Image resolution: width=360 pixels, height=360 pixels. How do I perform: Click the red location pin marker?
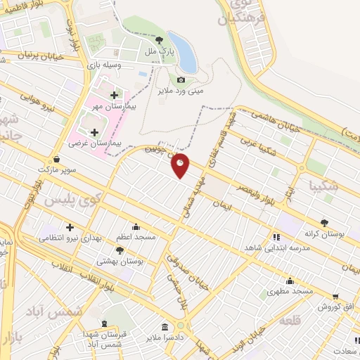[x=181, y=165]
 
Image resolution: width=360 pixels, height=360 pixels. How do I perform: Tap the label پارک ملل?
[x=160, y=51]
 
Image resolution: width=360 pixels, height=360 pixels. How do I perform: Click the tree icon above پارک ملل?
[x=160, y=39]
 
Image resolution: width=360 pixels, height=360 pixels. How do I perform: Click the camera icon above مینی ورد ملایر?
[x=181, y=79]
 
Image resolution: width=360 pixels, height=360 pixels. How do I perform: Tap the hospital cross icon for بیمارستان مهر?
[x=114, y=95]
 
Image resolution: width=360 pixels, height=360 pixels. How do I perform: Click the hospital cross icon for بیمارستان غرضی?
[x=94, y=131]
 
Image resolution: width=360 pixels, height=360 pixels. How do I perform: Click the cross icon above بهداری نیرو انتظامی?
[x=70, y=227]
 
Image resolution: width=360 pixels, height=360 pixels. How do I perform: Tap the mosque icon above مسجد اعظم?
[x=136, y=227]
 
